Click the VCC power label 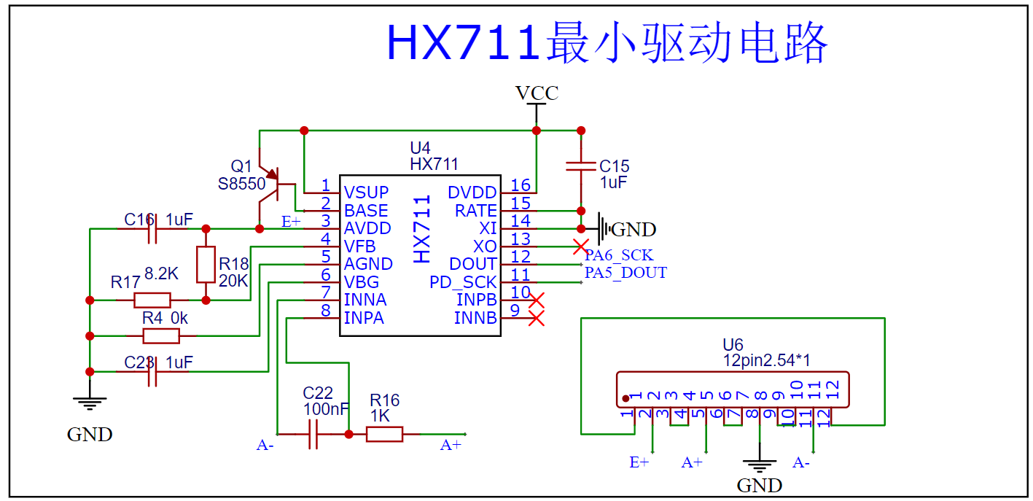(x=537, y=93)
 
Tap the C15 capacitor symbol (x=580, y=166)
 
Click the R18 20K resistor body (x=206, y=264)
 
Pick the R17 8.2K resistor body (x=152, y=300)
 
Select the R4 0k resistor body (x=161, y=336)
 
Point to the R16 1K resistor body (x=384, y=434)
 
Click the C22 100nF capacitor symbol (x=313, y=434)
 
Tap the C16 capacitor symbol (x=152, y=229)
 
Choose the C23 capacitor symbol (x=152, y=371)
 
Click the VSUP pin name (x=366, y=193)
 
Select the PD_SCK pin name (x=462, y=282)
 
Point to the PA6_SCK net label (x=618, y=255)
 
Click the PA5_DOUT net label (x=625, y=273)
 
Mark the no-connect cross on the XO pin (x=580, y=246)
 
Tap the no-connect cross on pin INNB (x=537, y=318)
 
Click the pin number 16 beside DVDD (x=521, y=185)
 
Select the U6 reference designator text (x=733, y=345)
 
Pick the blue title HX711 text (x=463, y=43)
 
